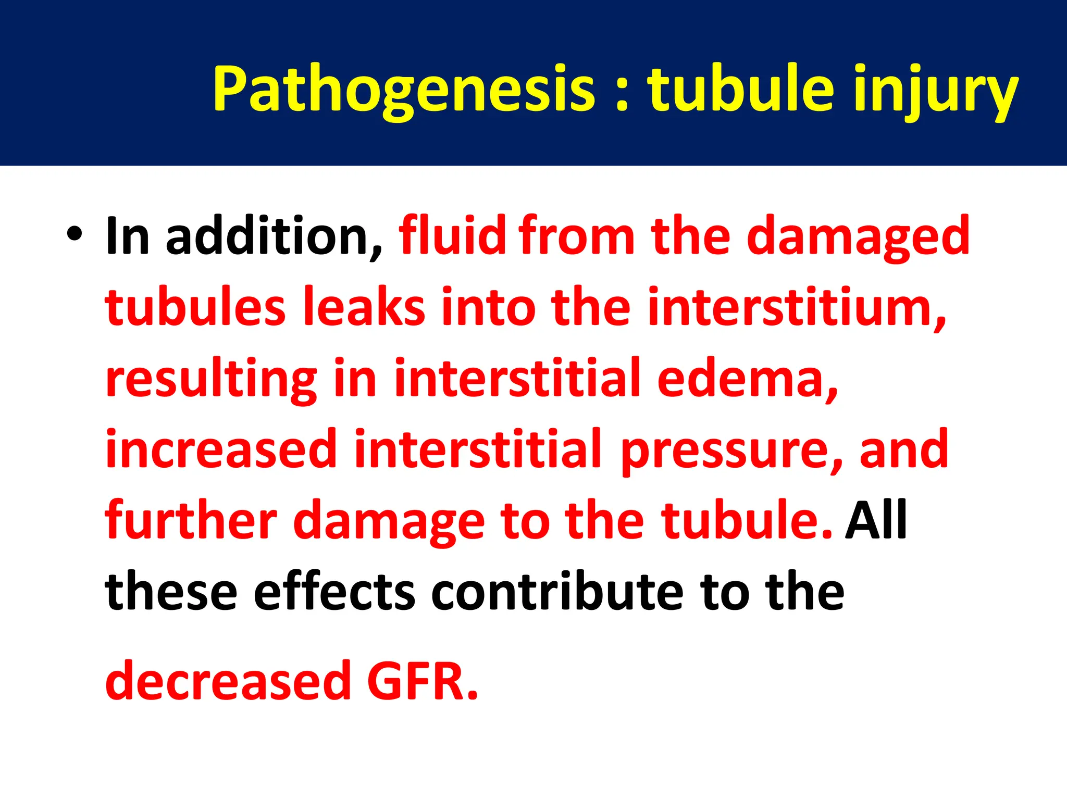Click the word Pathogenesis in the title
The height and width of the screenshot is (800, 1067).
[x=404, y=89]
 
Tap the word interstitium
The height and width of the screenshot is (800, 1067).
[x=797, y=307]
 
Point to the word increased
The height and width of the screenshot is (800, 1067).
[x=221, y=449]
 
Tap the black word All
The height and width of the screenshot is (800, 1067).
[x=876, y=521]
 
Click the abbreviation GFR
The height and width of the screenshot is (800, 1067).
[x=422, y=681]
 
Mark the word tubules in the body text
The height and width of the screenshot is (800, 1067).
[x=195, y=307]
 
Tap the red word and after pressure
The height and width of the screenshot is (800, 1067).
[x=904, y=449]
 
